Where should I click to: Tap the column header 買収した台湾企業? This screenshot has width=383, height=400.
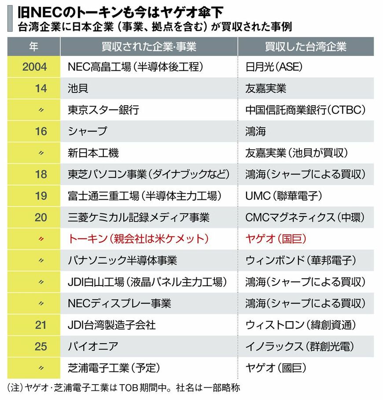[306, 47]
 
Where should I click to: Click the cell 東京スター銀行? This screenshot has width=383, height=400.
[103, 110]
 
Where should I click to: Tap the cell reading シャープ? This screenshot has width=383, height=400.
[87, 132]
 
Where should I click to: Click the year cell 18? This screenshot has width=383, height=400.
[41, 174]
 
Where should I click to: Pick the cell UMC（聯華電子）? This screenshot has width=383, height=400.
[284, 196]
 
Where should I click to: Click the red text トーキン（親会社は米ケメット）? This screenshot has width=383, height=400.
[137, 239]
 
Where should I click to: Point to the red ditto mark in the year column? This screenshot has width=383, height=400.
[41, 239]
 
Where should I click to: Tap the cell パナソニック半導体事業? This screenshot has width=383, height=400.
[122, 261]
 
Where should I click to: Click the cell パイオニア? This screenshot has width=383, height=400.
[93, 347]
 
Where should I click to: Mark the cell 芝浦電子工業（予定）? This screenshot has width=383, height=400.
[114, 368]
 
